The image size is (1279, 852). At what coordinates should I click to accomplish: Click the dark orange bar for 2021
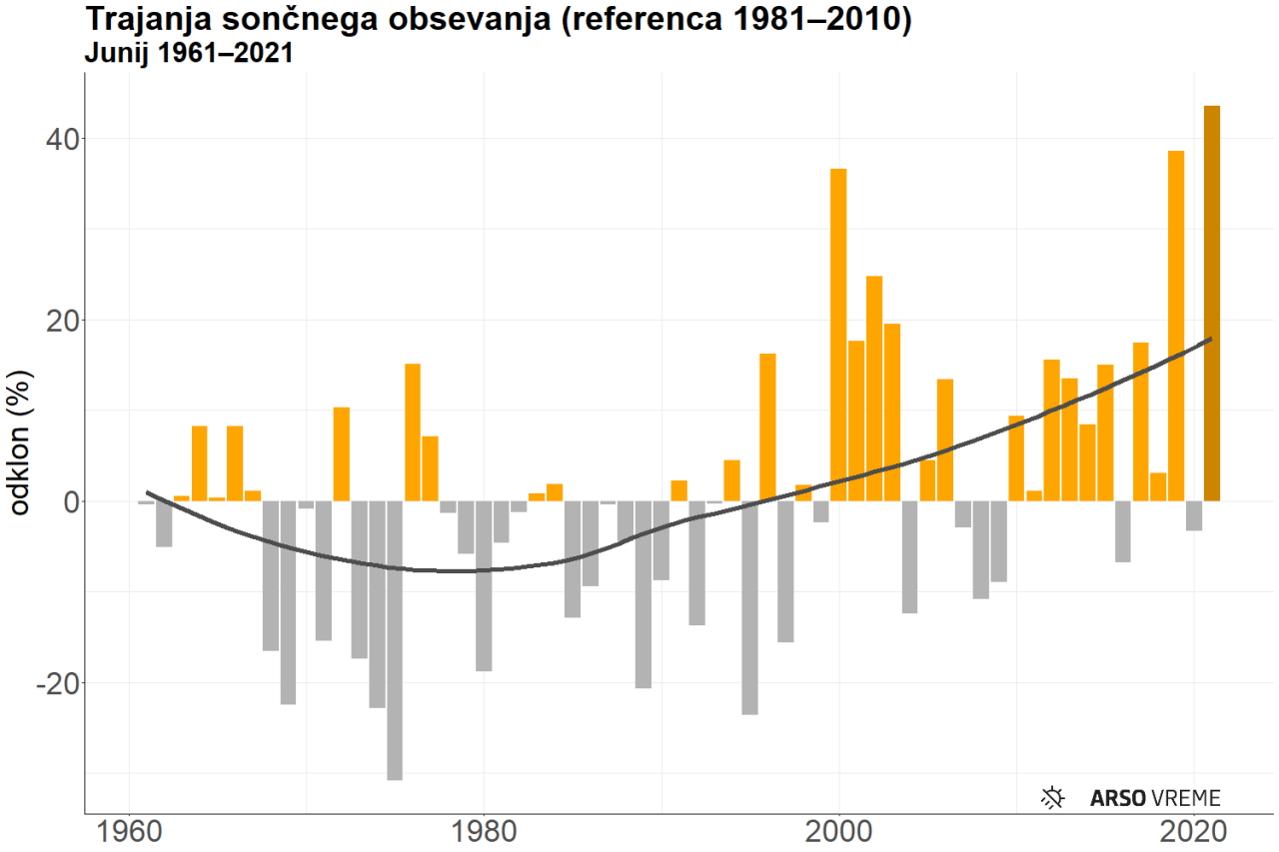1212,304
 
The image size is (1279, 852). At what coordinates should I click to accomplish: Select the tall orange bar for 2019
1176,326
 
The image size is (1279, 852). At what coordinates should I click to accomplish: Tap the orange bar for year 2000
838,335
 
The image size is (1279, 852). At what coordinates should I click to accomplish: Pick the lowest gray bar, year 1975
395,640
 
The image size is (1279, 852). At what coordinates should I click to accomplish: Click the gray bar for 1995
749,607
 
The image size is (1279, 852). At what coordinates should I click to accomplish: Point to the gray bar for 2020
1194,515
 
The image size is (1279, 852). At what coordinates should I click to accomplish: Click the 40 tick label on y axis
62,139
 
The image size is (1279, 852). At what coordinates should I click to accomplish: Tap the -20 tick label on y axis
57,683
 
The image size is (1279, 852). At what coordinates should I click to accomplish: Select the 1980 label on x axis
484,831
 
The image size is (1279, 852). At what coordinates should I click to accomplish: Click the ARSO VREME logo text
1155,797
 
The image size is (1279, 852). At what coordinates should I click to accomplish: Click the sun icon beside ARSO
1053,797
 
